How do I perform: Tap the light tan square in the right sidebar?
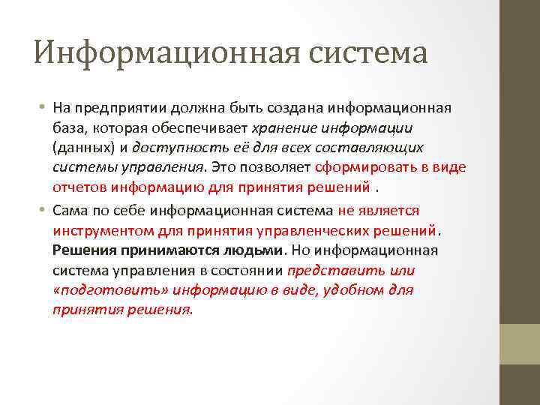coord(520,344)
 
